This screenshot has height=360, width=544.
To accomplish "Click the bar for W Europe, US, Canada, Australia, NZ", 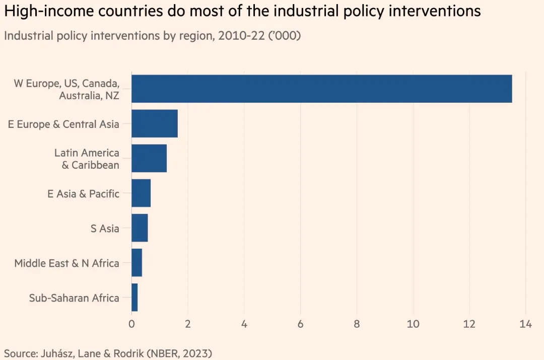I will coord(321,89).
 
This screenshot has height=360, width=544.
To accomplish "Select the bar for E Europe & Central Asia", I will coord(155,123).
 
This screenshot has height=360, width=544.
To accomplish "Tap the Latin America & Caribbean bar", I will coord(149,158).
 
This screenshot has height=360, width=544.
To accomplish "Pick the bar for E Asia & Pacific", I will coord(141,193).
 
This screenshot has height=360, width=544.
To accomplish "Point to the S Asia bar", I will coord(140,228).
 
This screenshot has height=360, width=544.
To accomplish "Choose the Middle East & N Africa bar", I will coord(137,262).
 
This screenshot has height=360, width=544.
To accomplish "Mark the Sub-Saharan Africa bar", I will coord(134,297).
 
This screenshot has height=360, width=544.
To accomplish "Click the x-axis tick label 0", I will coord(131,324).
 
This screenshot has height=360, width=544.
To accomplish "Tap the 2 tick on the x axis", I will coord(188,324).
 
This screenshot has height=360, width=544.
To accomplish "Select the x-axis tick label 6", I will coord(301,324).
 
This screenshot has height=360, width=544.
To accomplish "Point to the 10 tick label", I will coord(413,324).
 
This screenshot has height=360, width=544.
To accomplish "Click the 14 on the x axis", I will coord(525,324).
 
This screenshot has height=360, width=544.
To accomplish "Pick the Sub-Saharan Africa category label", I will coord(74,298).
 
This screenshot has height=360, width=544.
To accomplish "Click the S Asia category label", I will coord(105,228).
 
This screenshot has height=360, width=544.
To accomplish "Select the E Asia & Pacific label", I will coord(83,193).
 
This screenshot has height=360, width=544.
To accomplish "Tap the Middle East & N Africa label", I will coord(66,263).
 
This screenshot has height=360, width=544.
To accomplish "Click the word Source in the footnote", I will coord(19,353).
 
